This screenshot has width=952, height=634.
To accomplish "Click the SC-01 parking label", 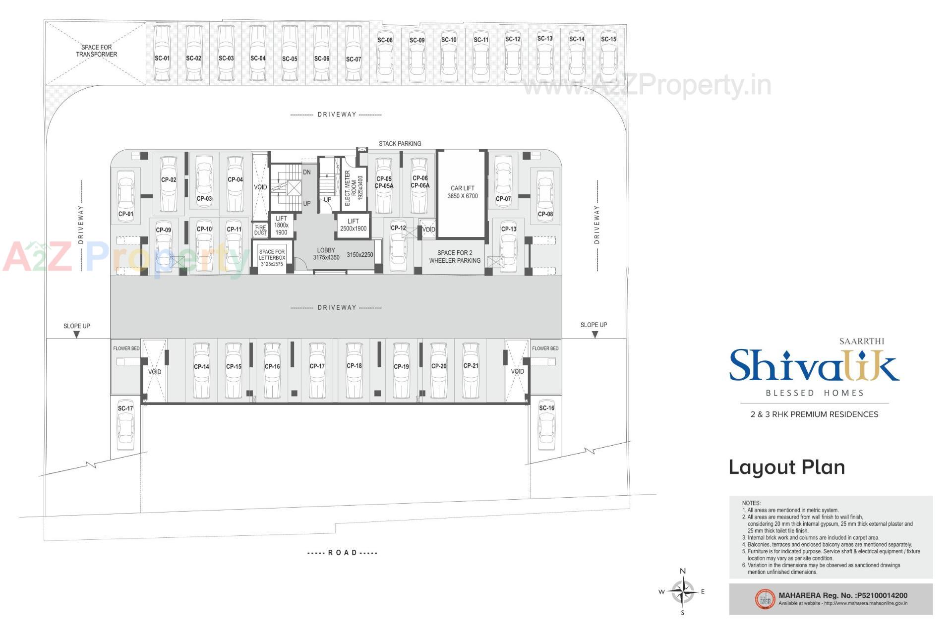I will coord(162,58).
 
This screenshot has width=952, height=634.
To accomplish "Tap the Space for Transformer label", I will coord(96,51).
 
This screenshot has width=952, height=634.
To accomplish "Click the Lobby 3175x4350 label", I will coord(326,254).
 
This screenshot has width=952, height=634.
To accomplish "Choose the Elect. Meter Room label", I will coord(354,188).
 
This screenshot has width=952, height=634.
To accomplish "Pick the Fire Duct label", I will coord(260,230).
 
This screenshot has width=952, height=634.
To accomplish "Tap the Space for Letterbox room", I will coord(272,258).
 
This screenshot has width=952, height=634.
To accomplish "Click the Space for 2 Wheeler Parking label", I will coord(455,257).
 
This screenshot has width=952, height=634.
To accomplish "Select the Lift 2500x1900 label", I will coord(353,225).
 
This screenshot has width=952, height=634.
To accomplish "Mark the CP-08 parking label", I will coord(545,214).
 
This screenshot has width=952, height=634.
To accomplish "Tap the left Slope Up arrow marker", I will coord(76,335).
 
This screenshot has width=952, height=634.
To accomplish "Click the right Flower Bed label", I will coord(545,348).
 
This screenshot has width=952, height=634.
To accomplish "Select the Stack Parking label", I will coord(400,144).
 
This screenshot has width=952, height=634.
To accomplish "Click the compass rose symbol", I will coord(682,591).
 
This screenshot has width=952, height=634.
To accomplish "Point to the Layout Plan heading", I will coord(786,467).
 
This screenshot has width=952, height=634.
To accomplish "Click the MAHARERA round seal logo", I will coord(764,599).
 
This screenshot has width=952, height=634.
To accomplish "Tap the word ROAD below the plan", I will coord(342,553).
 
